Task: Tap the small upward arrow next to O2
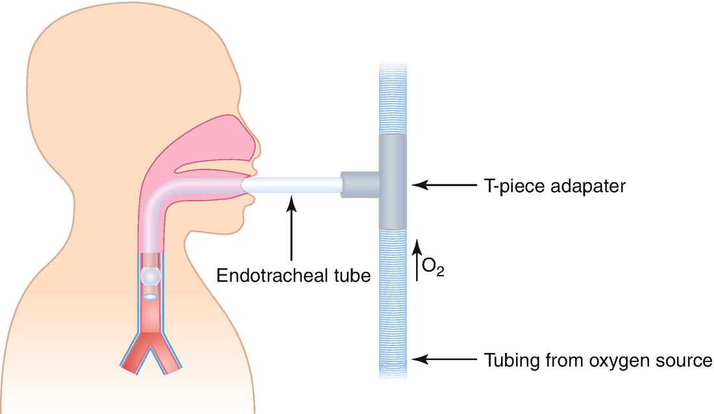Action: pos(418,260)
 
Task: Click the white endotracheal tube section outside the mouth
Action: pos(292,186)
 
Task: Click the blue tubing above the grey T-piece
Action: pos(394,97)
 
